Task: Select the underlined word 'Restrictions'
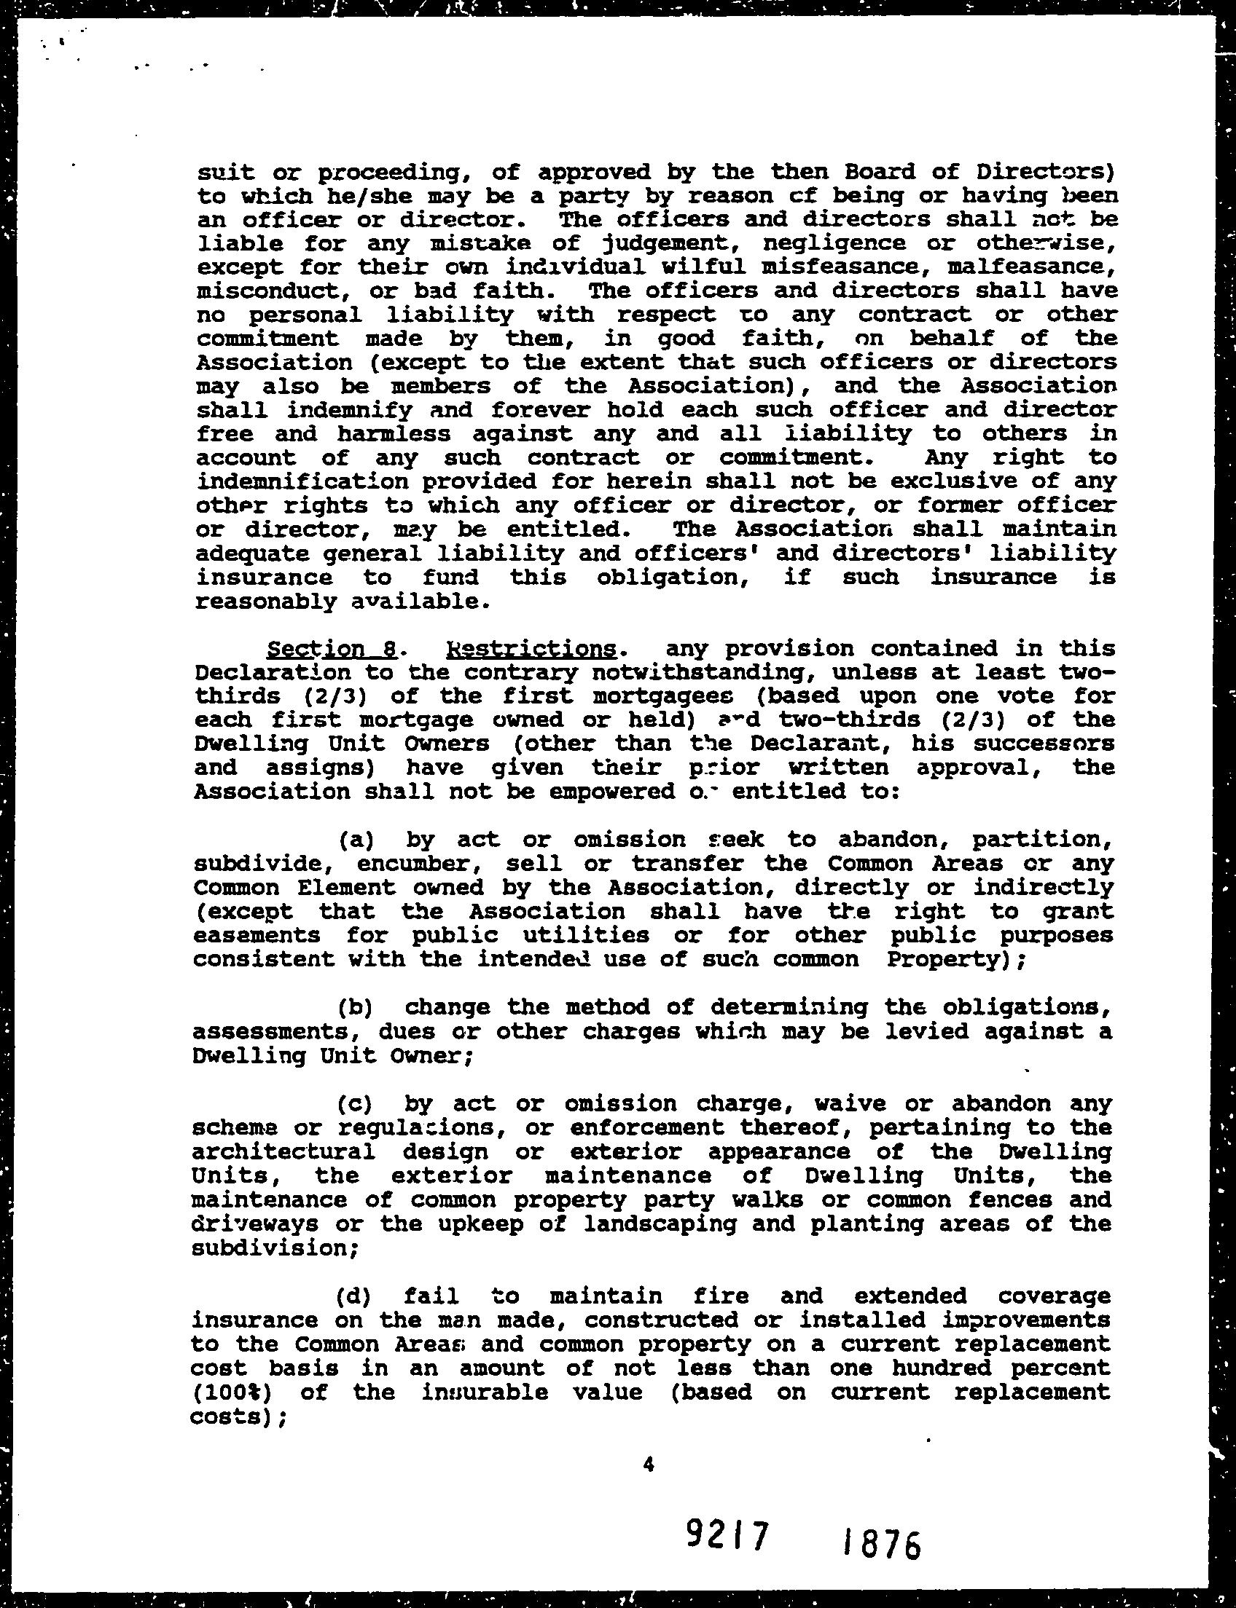coord(531,649)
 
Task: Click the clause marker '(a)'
coord(356,839)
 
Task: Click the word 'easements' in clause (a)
coord(257,935)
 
